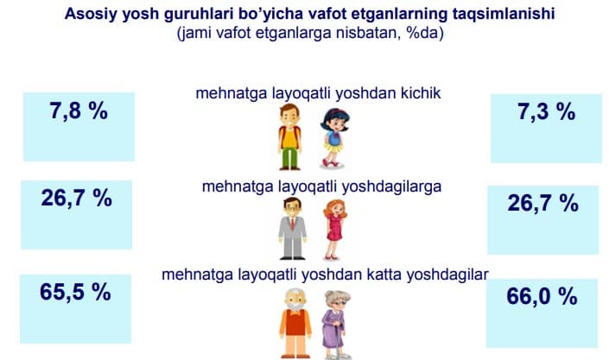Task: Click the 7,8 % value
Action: coord(79,111)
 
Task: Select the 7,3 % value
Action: coord(547,111)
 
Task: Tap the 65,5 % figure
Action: coord(75,292)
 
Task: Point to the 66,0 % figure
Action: coord(543,296)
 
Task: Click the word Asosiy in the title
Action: coord(92,14)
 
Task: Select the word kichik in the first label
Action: coord(421,93)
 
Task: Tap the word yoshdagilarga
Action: coord(391,186)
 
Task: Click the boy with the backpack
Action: coord(290,136)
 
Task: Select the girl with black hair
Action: coord(334,138)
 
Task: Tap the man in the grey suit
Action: coord(292,229)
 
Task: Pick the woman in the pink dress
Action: coord(334,230)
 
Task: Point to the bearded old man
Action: coord(295,324)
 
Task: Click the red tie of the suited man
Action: coord(293,224)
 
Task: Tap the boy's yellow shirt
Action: coord(290,138)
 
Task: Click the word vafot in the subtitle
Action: coord(233,33)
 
